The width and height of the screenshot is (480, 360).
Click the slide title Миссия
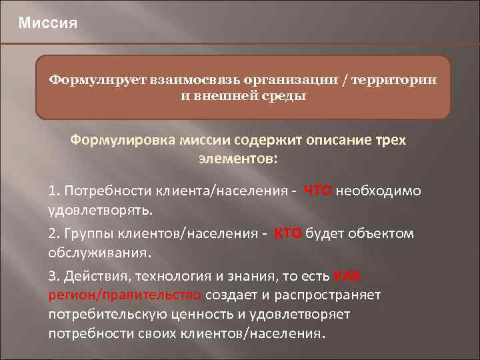pyautogui.click(x=48, y=24)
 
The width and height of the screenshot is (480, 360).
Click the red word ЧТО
pyautogui.click(x=318, y=192)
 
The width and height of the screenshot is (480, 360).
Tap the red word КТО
pyautogui.click(x=288, y=233)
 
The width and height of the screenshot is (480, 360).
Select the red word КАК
pyautogui.click(x=347, y=276)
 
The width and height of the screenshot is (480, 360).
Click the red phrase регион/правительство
pyautogui.click(x=125, y=295)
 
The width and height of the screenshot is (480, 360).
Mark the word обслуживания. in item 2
pyautogui.click(x=99, y=253)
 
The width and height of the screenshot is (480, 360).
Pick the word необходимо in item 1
pyautogui.click(x=378, y=192)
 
